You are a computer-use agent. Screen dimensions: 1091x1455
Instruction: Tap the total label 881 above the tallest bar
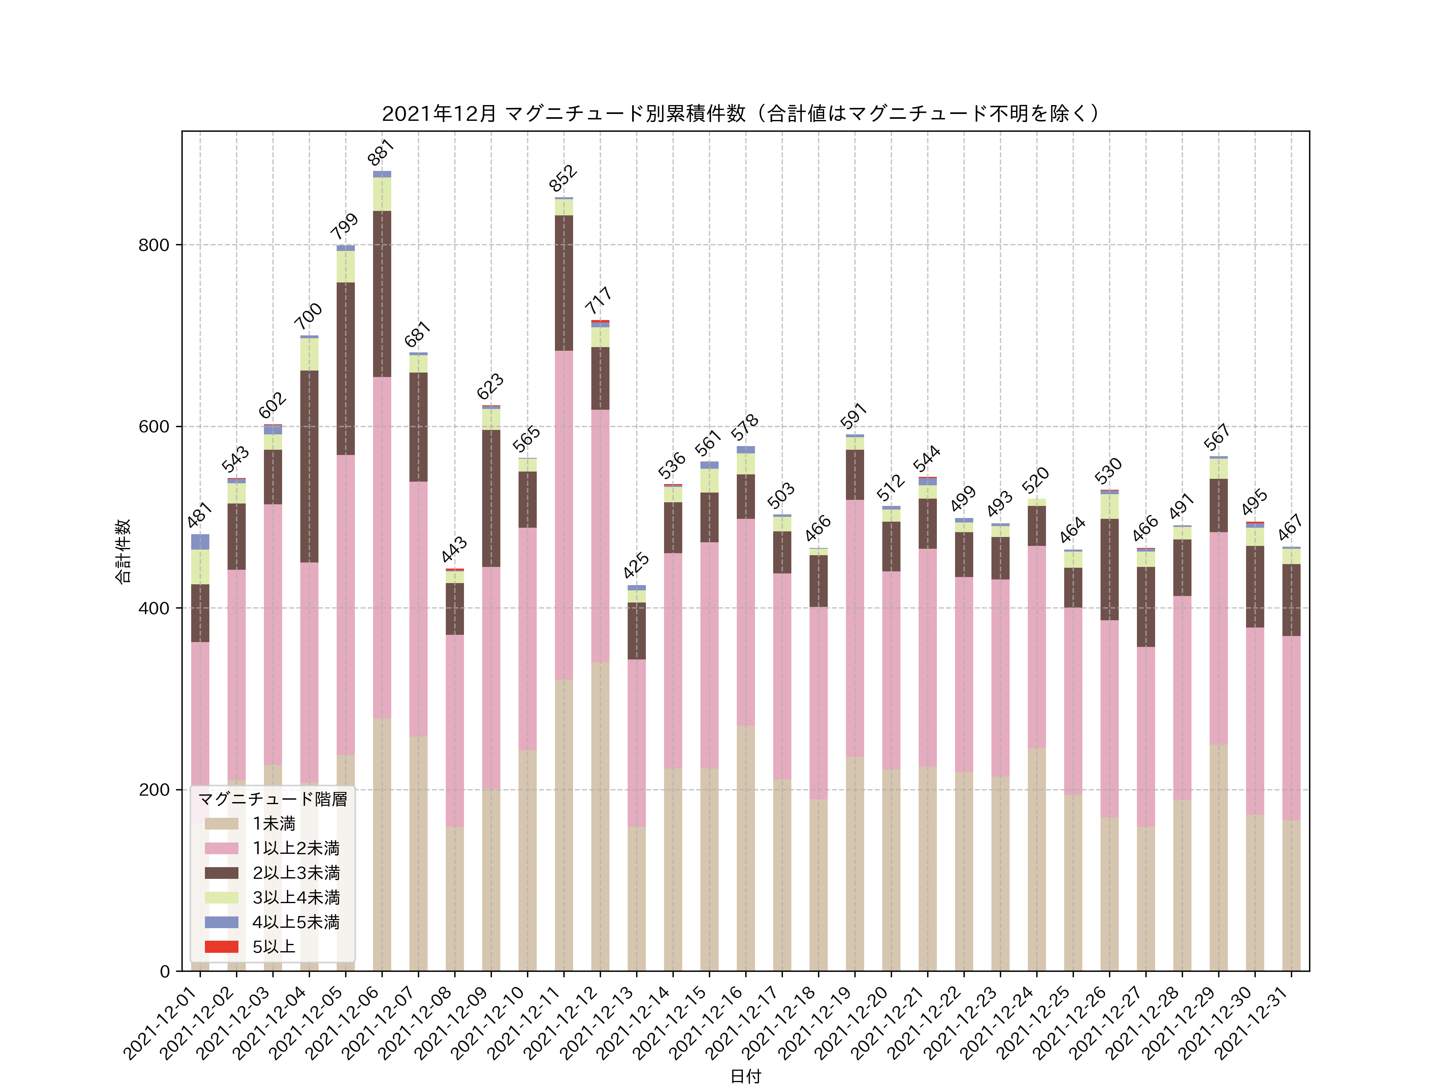(381, 153)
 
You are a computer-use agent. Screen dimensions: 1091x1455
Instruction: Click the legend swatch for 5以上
(221, 946)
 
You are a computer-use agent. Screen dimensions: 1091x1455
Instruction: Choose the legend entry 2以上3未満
(296, 873)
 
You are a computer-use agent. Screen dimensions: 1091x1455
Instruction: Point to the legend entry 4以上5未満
(296, 922)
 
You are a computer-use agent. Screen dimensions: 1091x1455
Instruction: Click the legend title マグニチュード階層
(272, 799)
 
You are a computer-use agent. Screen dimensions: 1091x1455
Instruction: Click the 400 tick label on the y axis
(153, 608)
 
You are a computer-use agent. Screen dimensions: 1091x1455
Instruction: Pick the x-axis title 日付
(745, 1076)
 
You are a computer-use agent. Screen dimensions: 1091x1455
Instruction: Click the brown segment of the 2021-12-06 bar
(382, 293)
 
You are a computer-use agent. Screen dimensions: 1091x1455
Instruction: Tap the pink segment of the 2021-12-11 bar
(564, 514)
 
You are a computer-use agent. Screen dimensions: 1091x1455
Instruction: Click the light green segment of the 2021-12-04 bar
(309, 354)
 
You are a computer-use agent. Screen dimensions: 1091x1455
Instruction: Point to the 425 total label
(636, 566)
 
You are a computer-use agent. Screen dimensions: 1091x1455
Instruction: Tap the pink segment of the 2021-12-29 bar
(1218, 638)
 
